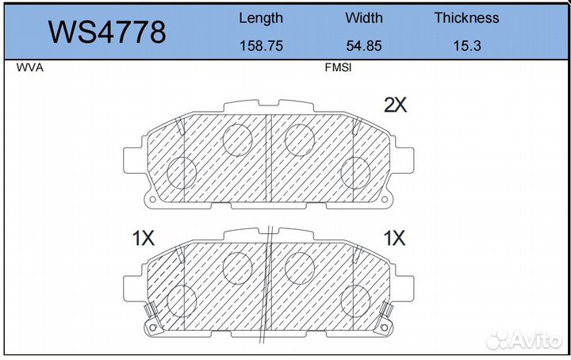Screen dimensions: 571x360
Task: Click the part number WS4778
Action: pyautogui.click(x=107, y=33)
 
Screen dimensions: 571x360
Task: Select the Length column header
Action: pyautogui.click(x=261, y=18)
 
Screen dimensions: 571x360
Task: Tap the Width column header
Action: pyautogui.click(x=364, y=17)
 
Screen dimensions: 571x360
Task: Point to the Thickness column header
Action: pyautogui.click(x=466, y=17)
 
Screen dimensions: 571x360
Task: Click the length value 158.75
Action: pyautogui.click(x=261, y=46)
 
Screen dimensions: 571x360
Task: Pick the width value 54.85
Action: pyautogui.click(x=364, y=46)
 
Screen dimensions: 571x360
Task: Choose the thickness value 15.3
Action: pyautogui.click(x=467, y=46)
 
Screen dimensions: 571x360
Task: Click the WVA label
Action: pyautogui.click(x=30, y=67)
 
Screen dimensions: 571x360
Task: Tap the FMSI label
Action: pyautogui.click(x=338, y=67)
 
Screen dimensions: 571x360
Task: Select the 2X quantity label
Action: pyautogui.click(x=396, y=105)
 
